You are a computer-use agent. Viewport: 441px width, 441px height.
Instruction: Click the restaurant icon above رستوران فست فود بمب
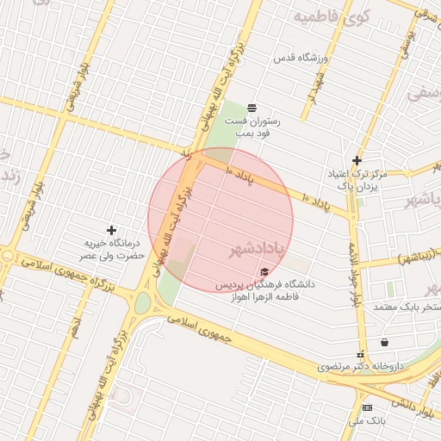click(x=251, y=108)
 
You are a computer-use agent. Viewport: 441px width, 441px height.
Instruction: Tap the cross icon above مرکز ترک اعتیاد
click(x=357, y=160)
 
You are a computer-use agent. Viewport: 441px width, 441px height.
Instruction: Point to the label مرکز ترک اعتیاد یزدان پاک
click(x=356, y=180)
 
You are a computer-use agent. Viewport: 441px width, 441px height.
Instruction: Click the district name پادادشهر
click(x=257, y=250)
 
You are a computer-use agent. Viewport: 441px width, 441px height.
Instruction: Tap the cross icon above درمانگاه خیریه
click(x=110, y=230)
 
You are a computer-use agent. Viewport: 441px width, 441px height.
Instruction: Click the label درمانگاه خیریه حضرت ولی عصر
click(x=110, y=250)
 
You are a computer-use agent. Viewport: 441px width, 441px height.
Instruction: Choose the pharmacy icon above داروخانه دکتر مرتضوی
click(x=360, y=354)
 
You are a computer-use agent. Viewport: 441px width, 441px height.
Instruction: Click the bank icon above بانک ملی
click(x=368, y=407)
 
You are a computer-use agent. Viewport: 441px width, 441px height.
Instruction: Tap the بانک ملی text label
click(x=368, y=421)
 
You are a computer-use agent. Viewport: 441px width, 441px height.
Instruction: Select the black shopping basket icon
click(x=384, y=342)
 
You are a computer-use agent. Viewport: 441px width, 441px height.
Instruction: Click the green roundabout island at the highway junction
click(x=142, y=303)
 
